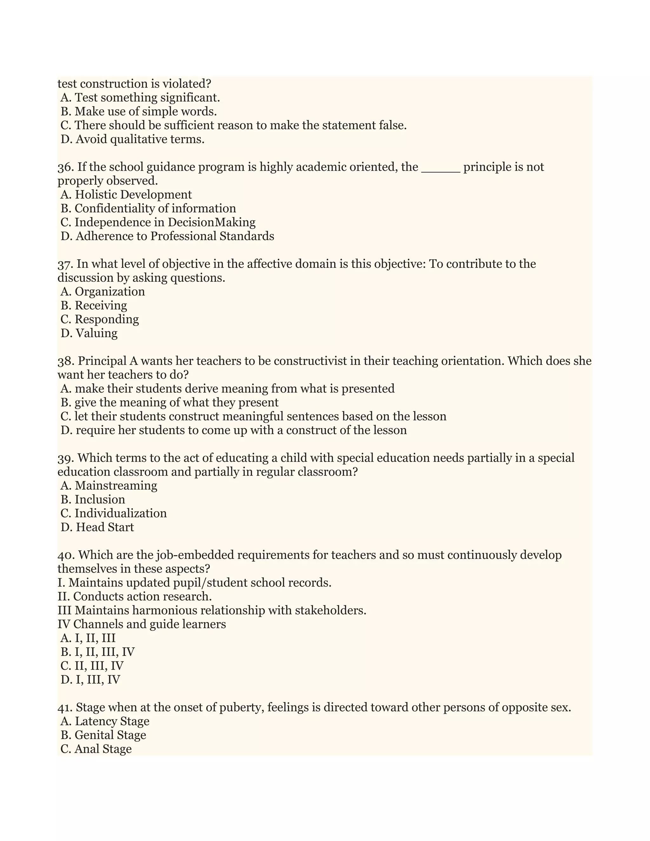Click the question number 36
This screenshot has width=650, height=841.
pyautogui.click(x=65, y=167)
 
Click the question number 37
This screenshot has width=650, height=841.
pyautogui.click(x=65, y=264)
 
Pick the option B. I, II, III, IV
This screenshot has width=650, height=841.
pyautogui.click(x=97, y=652)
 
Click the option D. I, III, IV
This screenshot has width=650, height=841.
pyautogui.click(x=90, y=680)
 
